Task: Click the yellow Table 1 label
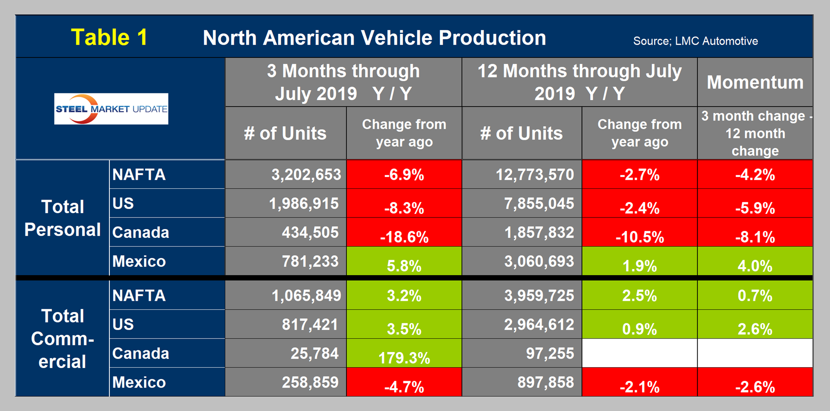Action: (x=109, y=37)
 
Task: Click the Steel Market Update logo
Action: (x=111, y=109)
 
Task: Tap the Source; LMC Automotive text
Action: (x=695, y=41)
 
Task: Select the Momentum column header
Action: (x=755, y=82)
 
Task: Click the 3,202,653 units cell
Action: (x=306, y=174)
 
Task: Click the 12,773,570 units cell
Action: (x=535, y=174)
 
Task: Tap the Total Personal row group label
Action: (x=63, y=218)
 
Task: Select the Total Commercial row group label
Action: (x=63, y=339)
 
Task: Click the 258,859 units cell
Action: (x=310, y=382)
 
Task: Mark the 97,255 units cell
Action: (x=550, y=353)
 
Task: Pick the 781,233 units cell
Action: (x=310, y=261)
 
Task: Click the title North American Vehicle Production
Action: (x=374, y=38)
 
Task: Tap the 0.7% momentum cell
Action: (x=755, y=296)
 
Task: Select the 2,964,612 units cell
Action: (x=539, y=325)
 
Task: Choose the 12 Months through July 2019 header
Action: (x=579, y=82)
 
